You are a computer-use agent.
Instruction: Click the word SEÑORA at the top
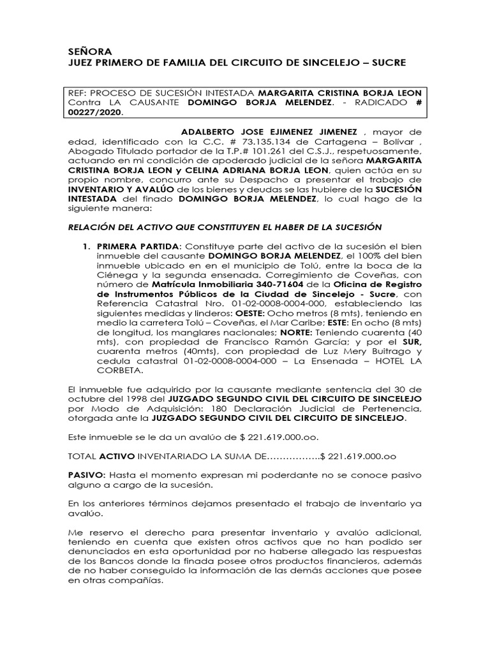coord(89,51)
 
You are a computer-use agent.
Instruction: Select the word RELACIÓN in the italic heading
coord(93,227)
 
